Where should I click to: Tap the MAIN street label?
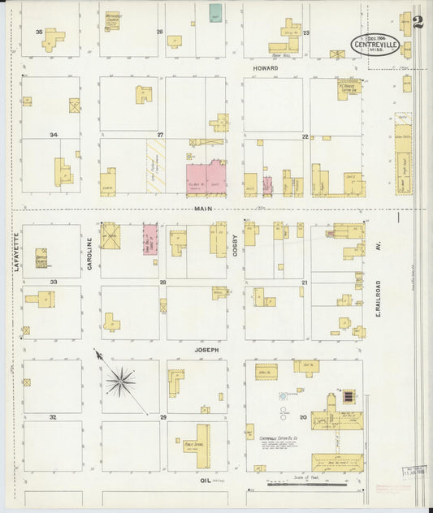tap(202, 209)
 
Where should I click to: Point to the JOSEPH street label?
tap(206, 350)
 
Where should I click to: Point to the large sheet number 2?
tap(417, 22)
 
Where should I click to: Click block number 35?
tap(39, 32)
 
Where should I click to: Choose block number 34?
tap(54, 135)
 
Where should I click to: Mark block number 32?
tap(52, 416)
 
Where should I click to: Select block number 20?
tap(304, 416)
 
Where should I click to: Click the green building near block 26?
tap(215, 14)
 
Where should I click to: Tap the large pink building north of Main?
tap(207, 179)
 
